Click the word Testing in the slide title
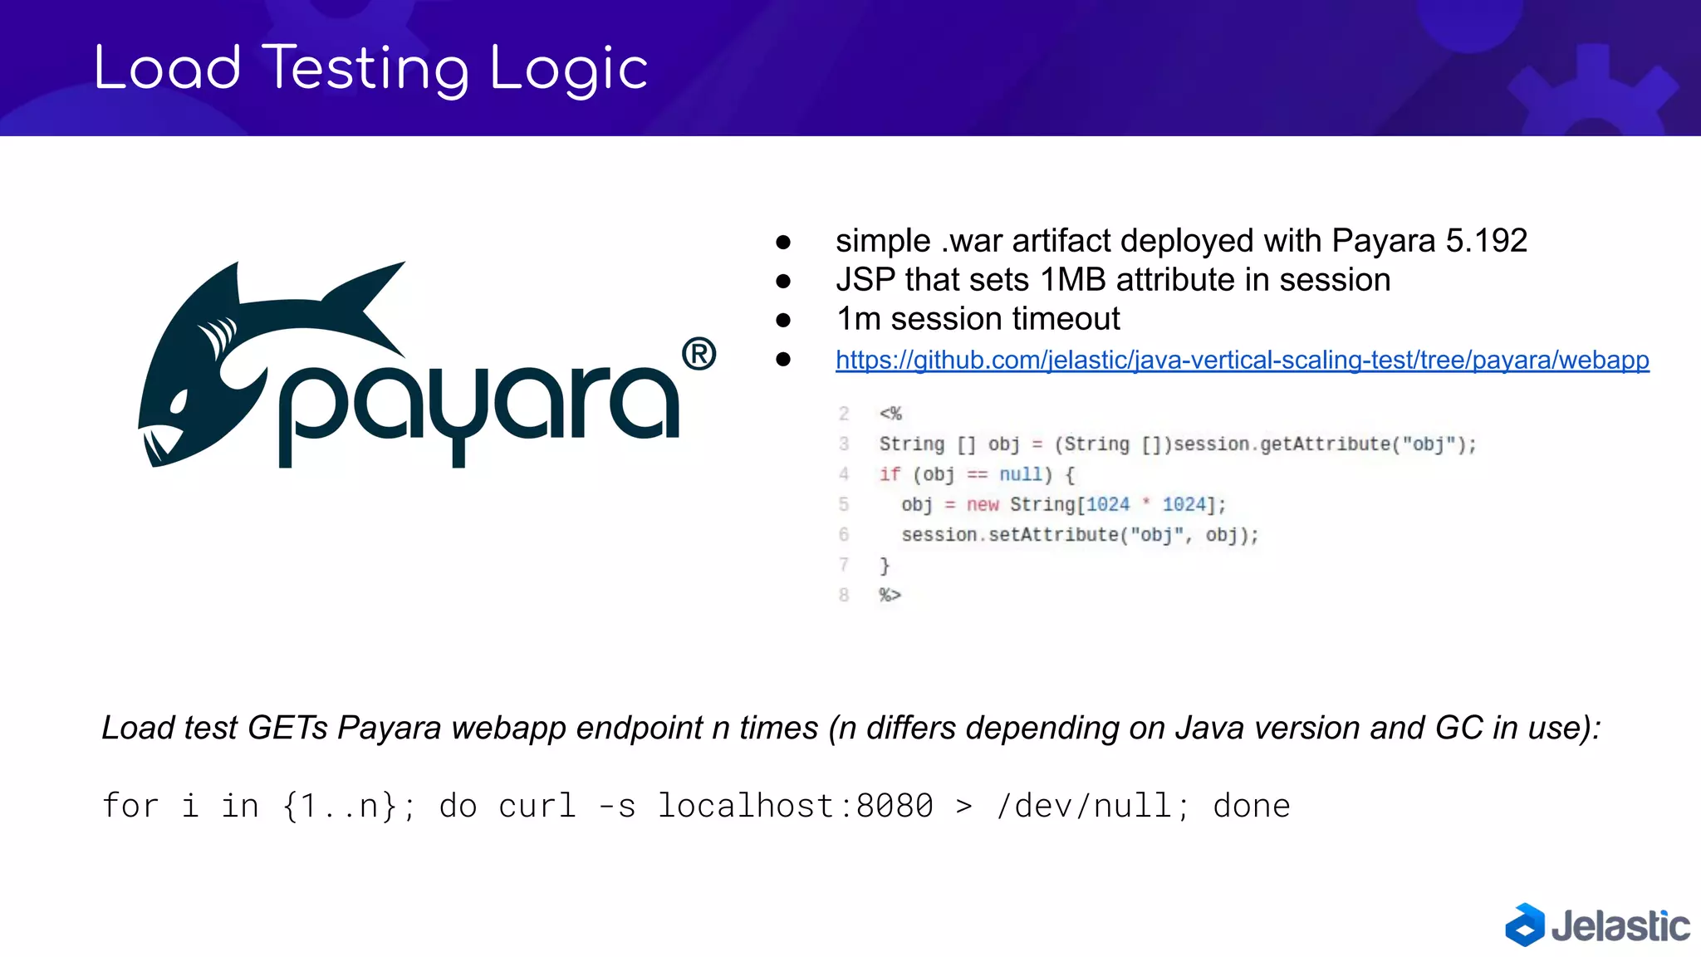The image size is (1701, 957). (366, 69)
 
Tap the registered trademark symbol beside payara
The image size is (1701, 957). (699, 354)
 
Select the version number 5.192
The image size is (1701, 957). (1486, 241)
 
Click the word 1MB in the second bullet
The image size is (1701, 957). (1080, 280)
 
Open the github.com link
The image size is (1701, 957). (1242, 360)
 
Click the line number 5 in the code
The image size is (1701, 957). (844, 504)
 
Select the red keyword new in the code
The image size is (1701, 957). (983, 504)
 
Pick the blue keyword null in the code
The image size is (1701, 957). (1020, 474)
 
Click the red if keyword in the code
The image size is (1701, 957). (890, 474)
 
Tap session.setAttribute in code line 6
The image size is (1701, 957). (1009, 535)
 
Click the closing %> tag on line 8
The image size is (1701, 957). (890, 595)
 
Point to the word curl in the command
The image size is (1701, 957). (537, 806)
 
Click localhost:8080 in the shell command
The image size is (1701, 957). (795, 806)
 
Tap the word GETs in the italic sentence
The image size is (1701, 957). (287, 728)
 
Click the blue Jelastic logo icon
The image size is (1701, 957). (1524, 925)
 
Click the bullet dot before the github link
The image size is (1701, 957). (782, 359)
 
